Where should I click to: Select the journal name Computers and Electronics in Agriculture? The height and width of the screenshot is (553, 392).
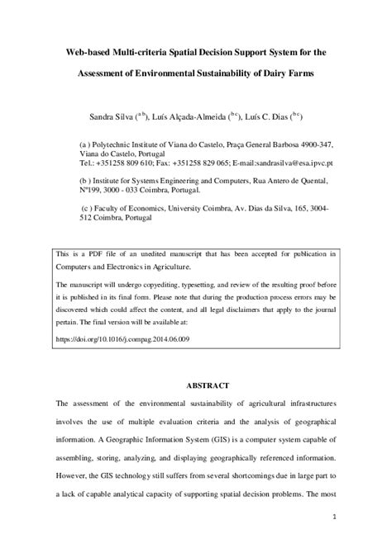click(x=122, y=267)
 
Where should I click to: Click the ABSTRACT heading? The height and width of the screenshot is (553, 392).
click(x=195, y=385)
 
